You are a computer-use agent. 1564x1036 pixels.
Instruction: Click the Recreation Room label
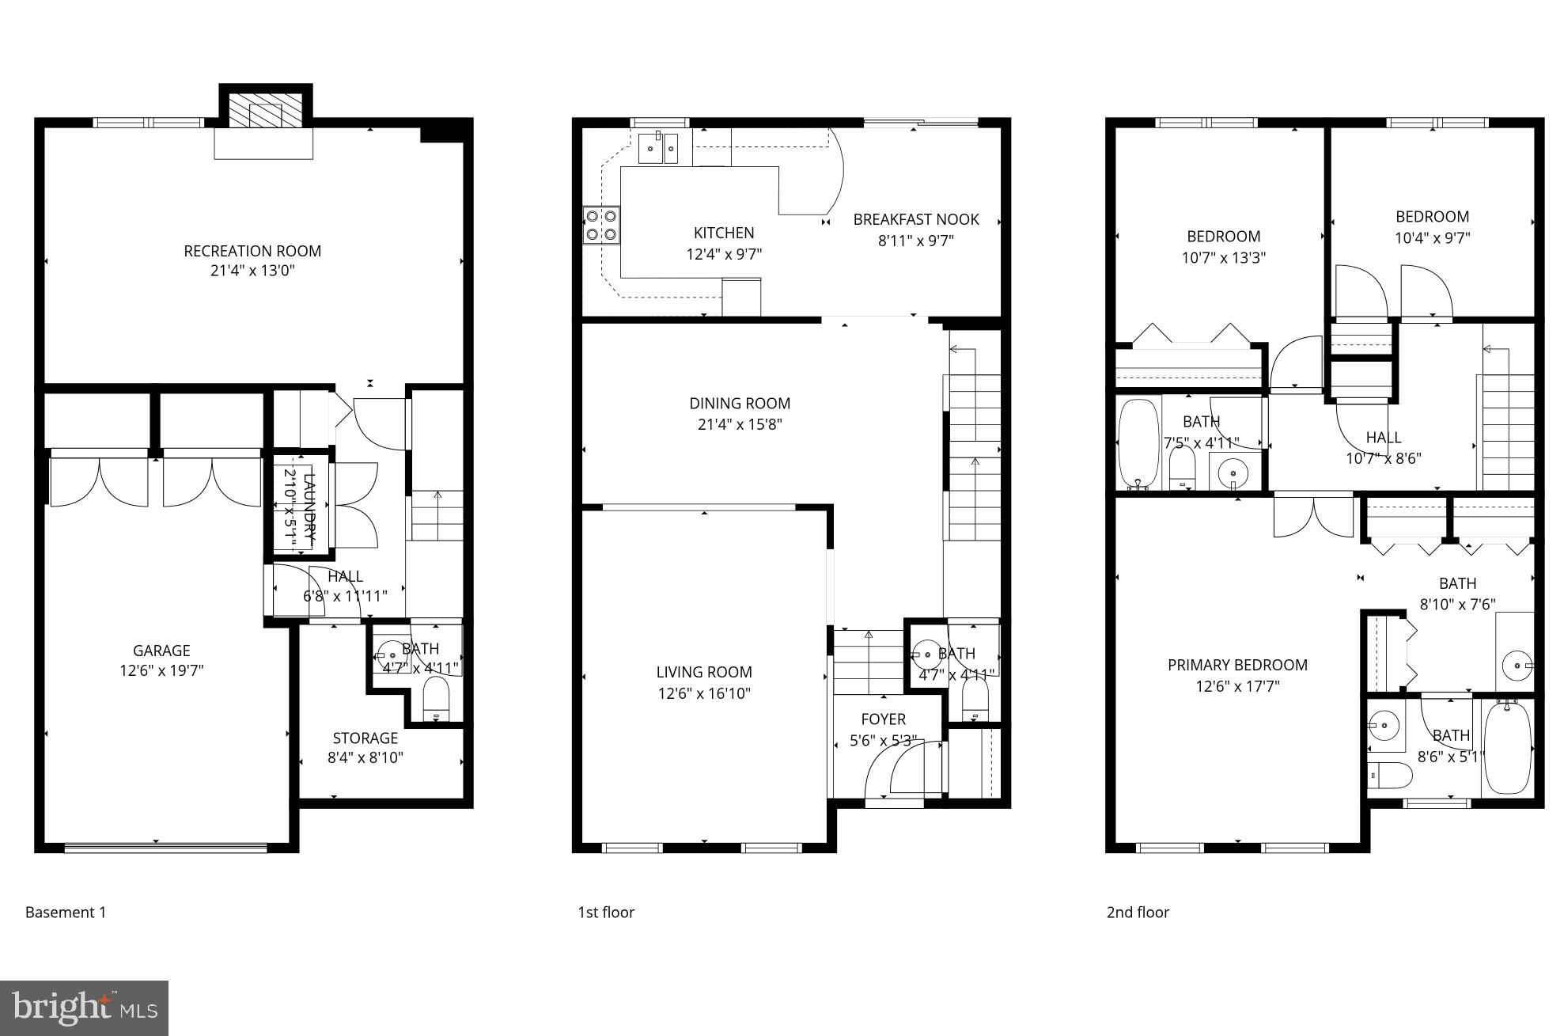coord(252,251)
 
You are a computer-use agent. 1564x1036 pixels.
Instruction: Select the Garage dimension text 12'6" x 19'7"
coord(161,671)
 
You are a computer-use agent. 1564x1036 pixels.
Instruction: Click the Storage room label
coord(365,738)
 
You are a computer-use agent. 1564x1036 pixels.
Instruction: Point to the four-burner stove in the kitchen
coord(601,225)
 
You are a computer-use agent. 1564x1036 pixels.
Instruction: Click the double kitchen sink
coord(658,148)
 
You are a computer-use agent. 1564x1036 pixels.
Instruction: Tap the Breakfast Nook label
coord(915,219)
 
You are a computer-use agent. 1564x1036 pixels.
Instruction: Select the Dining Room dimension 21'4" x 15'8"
coord(740,424)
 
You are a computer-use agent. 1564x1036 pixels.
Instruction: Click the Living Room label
coord(703,672)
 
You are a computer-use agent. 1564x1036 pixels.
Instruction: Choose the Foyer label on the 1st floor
coord(883,719)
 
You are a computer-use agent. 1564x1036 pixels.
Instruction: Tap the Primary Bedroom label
coord(1237,665)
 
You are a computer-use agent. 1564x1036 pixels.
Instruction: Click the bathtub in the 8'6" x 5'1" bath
coord(1507,748)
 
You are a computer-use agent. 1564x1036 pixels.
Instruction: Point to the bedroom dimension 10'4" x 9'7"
coord(1432,237)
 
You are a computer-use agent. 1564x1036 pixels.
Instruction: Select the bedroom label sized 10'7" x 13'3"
coord(1223,236)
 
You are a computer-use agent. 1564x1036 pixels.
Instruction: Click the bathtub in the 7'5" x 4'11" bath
coord(1138,446)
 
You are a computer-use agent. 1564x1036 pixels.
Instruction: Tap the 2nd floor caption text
coord(1137,912)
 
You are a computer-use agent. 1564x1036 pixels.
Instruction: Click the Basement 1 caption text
coord(66,912)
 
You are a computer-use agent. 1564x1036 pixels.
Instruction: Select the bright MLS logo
coord(85,1008)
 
